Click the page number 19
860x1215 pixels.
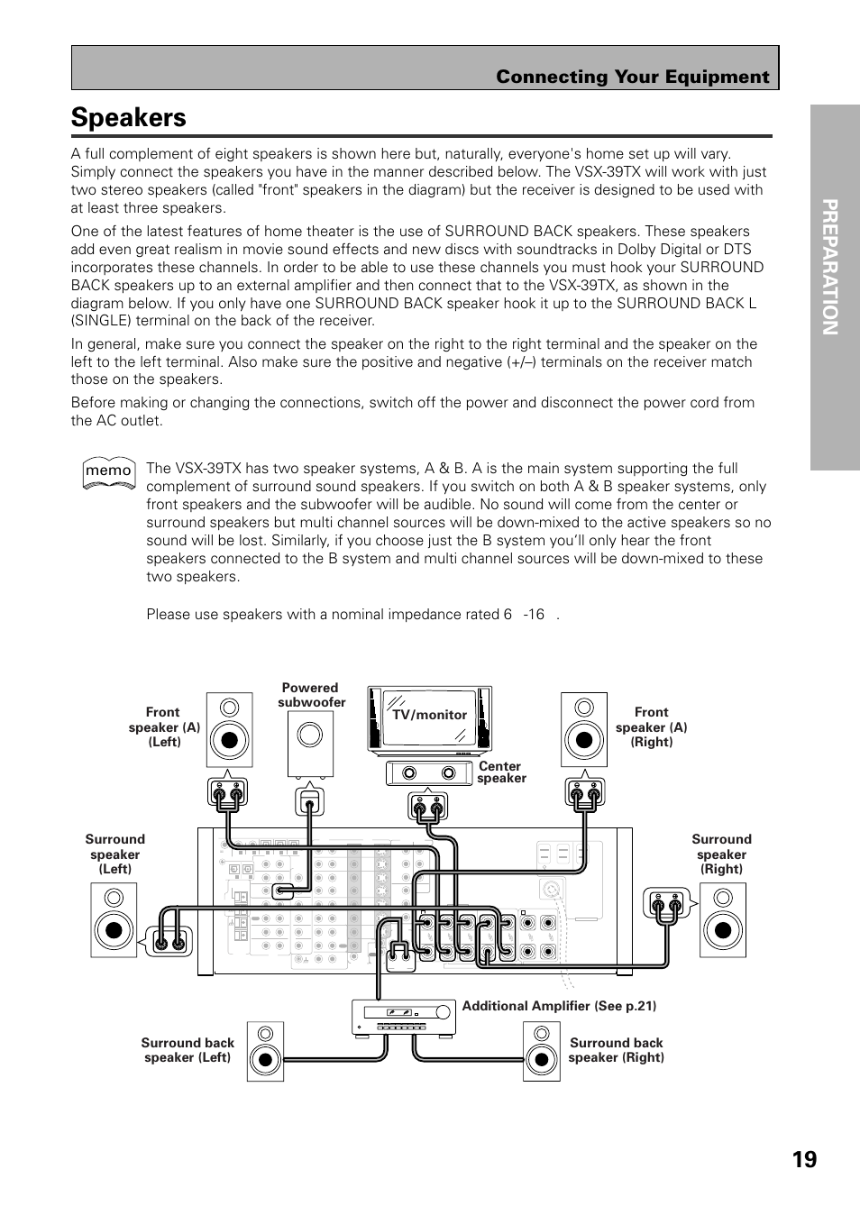[x=805, y=1158]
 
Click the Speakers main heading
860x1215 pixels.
[x=129, y=118]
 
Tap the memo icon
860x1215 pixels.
[x=108, y=470]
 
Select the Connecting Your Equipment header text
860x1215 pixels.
[x=632, y=78]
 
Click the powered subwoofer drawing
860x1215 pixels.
[x=310, y=744]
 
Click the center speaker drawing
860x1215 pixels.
[x=429, y=773]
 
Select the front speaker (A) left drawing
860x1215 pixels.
[x=230, y=729]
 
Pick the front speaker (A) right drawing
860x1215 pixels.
[x=584, y=729]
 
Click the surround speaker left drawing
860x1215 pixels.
[x=114, y=919]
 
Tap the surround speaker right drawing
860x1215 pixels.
[x=723, y=919]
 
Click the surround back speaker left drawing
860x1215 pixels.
[x=265, y=1051]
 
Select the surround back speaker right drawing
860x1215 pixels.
[x=542, y=1051]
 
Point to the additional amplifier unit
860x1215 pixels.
[x=402, y=1017]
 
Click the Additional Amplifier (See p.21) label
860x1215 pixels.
[x=559, y=1006]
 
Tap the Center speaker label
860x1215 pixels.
[x=501, y=772]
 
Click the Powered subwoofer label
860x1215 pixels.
[x=311, y=695]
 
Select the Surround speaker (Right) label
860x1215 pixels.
[x=721, y=854]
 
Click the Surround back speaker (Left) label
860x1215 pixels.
[x=188, y=1050]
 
